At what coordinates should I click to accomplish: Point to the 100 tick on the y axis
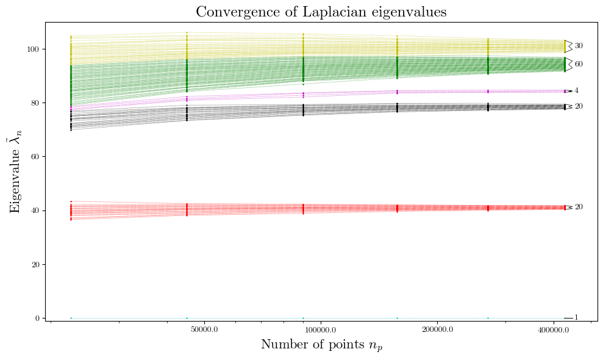click(35, 49)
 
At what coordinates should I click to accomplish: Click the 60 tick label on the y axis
click(37, 157)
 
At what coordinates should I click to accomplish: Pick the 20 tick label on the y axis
click(37, 265)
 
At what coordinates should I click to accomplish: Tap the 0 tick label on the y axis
click(38, 319)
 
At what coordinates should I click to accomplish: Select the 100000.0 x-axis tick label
click(320, 330)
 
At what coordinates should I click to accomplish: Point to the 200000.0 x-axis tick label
click(437, 330)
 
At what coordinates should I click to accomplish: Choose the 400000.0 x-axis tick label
click(554, 330)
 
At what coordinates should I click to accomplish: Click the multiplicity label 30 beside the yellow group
click(579, 46)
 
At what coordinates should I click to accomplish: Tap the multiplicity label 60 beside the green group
click(579, 64)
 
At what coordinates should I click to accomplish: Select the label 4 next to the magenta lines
click(577, 91)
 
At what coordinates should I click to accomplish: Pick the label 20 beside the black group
click(579, 106)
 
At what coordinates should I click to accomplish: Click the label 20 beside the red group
click(579, 207)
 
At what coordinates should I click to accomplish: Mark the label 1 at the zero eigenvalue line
click(577, 318)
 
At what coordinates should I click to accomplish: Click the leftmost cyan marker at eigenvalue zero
click(71, 318)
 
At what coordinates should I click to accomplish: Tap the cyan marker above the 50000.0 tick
click(187, 318)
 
